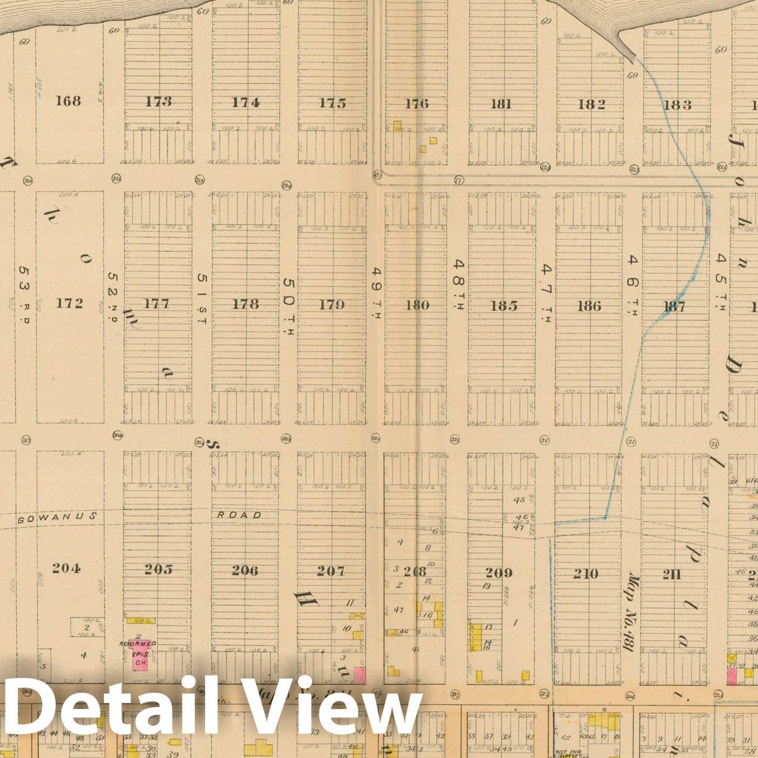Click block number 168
pyautogui.click(x=68, y=100)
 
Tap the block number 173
pyautogui.click(x=158, y=102)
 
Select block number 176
pyautogui.click(x=417, y=104)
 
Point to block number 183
pyautogui.click(x=677, y=105)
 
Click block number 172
pyautogui.click(x=69, y=303)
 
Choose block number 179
pyautogui.click(x=331, y=305)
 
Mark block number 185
pyautogui.click(x=503, y=306)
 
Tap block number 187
pyautogui.click(x=674, y=307)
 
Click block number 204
pyautogui.click(x=66, y=568)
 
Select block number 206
pyautogui.click(x=245, y=570)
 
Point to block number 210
pyautogui.click(x=586, y=574)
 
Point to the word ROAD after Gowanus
pyautogui.click(x=239, y=515)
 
